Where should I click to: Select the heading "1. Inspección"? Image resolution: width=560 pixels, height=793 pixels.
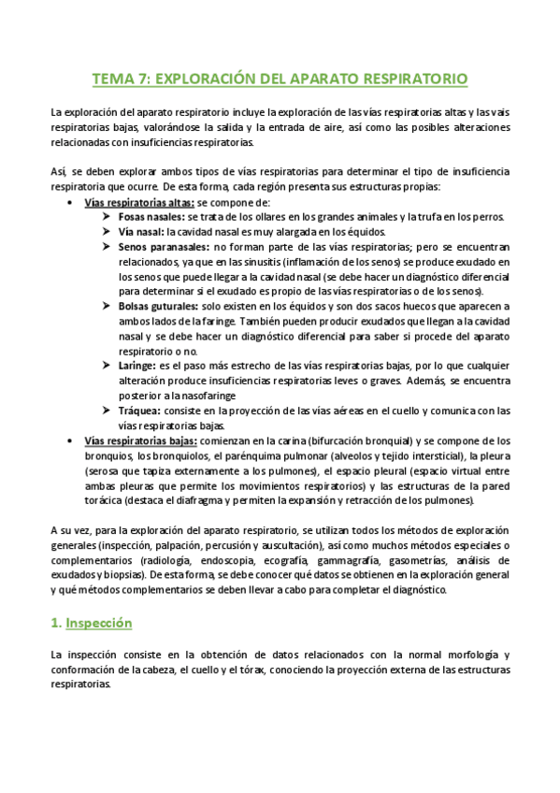91,622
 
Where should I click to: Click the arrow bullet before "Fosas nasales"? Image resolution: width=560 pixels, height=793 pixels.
107,217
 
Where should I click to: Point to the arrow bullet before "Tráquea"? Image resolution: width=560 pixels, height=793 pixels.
107,411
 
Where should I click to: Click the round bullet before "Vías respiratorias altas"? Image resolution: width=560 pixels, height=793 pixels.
72,202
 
